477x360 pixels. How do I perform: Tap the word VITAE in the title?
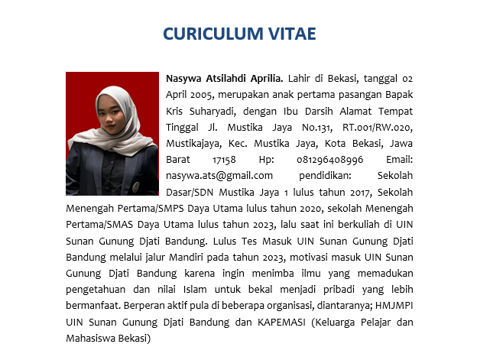(286, 34)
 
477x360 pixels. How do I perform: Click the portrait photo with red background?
(112, 134)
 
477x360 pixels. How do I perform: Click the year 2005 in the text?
(203, 95)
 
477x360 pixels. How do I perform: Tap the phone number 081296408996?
(325, 159)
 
